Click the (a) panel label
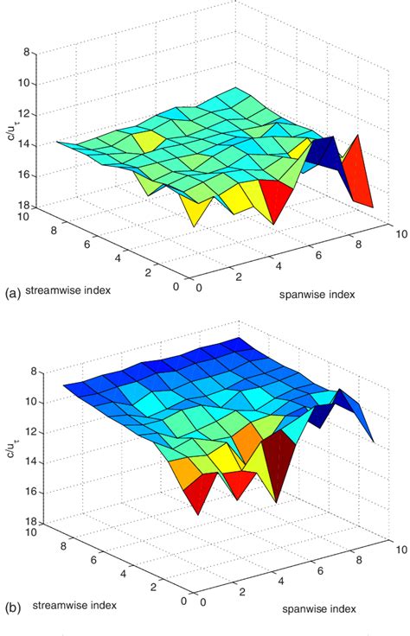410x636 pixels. [12, 294]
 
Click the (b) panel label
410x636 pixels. [12, 608]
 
